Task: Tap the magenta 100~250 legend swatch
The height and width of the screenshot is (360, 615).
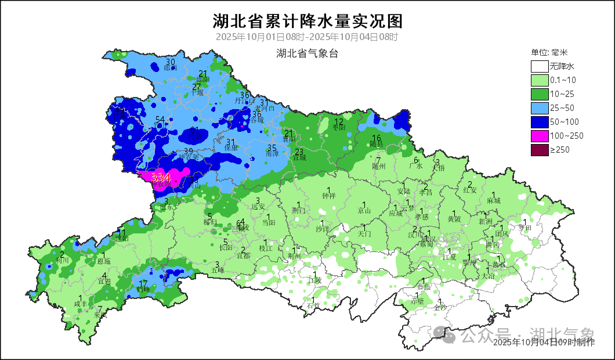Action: (x=540, y=136)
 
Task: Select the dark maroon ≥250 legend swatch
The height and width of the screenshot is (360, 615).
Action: (x=540, y=150)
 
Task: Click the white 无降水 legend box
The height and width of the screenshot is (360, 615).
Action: (x=540, y=66)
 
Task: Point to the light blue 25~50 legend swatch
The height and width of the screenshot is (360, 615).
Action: (x=540, y=108)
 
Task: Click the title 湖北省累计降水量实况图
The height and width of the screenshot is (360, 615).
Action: (x=307, y=21)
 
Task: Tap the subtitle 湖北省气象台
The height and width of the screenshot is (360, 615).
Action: (x=307, y=54)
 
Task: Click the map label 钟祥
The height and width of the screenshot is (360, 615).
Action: (x=329, y=196)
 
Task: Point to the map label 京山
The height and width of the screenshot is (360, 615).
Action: (x=364, y=211)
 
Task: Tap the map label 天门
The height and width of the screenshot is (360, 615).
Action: (x=364, y=233)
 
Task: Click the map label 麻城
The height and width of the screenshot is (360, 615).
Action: (x=494, y=200)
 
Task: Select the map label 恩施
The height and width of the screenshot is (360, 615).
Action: (x=104, y=262)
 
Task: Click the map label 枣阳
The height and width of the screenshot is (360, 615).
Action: (x=339, y=127)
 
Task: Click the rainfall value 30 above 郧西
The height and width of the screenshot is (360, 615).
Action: (x=171, y=62)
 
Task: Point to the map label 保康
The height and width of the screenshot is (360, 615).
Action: (x=231, y=148)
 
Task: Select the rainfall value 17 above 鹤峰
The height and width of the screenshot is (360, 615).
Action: (x=143, y=283)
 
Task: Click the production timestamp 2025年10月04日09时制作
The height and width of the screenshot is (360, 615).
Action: (x=544, y=343)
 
